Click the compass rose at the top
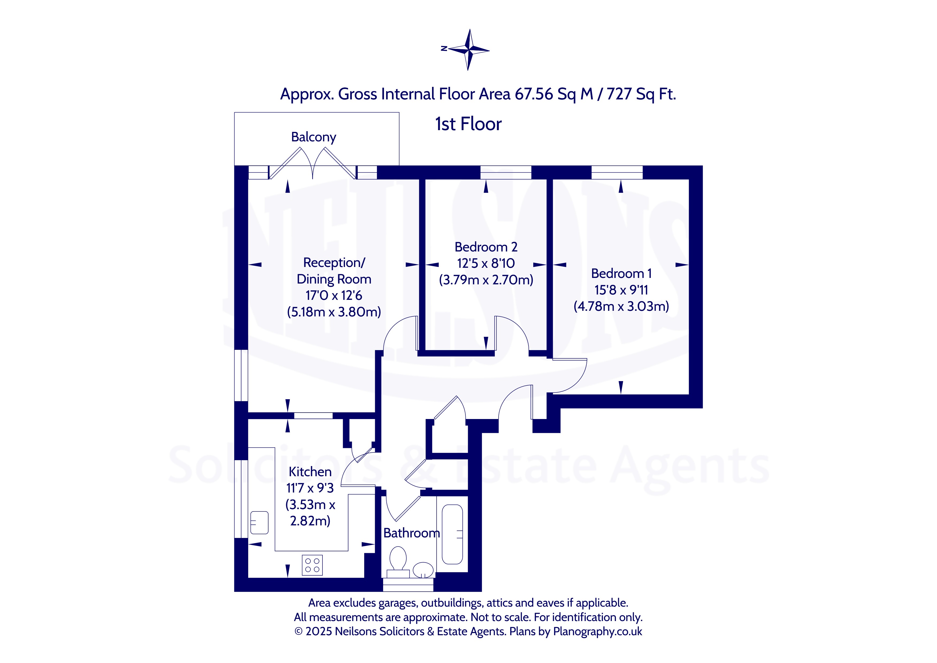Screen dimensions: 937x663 [x=469, y=50]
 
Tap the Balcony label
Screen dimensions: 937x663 [x=313, y=137]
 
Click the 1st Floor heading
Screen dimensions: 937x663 [x=468, y=124]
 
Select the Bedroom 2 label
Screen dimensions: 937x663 [x=486, y=247]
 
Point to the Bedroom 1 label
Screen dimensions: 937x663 [x=621, y=274]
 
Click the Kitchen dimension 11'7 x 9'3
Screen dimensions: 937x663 [x=310, y=488]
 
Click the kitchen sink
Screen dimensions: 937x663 [x=259, y=522]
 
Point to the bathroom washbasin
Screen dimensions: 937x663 [x=423, y=569]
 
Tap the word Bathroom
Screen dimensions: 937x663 [x=411, y=533]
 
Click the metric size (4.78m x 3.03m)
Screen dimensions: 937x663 [x=621, y=306]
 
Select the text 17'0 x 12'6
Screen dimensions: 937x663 [x=334, y=295]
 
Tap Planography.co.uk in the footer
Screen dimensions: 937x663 [x=597, y=631]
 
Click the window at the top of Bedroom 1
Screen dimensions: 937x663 [x=617, y=172]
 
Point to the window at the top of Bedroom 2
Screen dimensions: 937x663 [x=506, y=172]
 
